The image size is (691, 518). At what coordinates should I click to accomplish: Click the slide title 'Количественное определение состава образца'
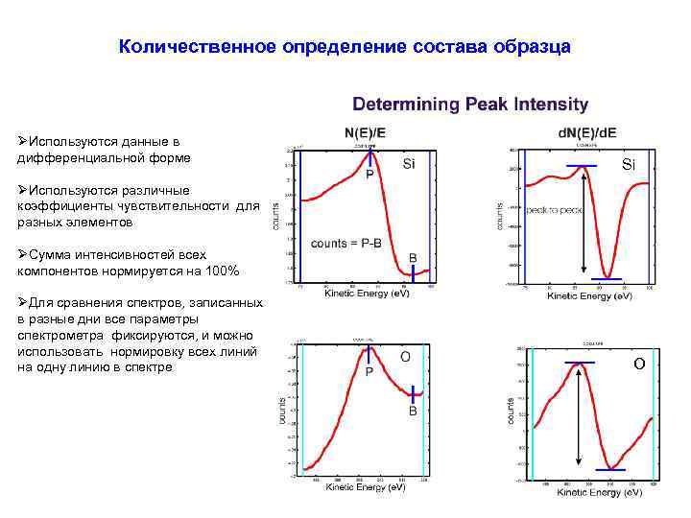click(345, 46)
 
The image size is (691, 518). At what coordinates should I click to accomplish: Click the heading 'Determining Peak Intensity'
click(470, 104)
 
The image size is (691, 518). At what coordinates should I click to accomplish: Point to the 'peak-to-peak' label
click(555, 209)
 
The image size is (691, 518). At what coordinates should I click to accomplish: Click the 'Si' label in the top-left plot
click(408, 163)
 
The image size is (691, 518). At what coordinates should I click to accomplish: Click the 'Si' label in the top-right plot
click(628, 165)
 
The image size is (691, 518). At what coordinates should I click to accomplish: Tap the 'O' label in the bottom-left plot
click(405, 356)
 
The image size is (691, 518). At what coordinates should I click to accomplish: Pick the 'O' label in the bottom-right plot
click(639, 363)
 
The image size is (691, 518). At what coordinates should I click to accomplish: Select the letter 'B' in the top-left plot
click(413, 258)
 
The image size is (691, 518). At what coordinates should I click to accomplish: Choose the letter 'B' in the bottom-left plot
click(413, 410)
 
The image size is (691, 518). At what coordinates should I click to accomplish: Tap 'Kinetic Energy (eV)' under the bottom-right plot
click(600, 492)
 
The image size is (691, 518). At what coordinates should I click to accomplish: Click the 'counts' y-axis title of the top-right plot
click(499, 214)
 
